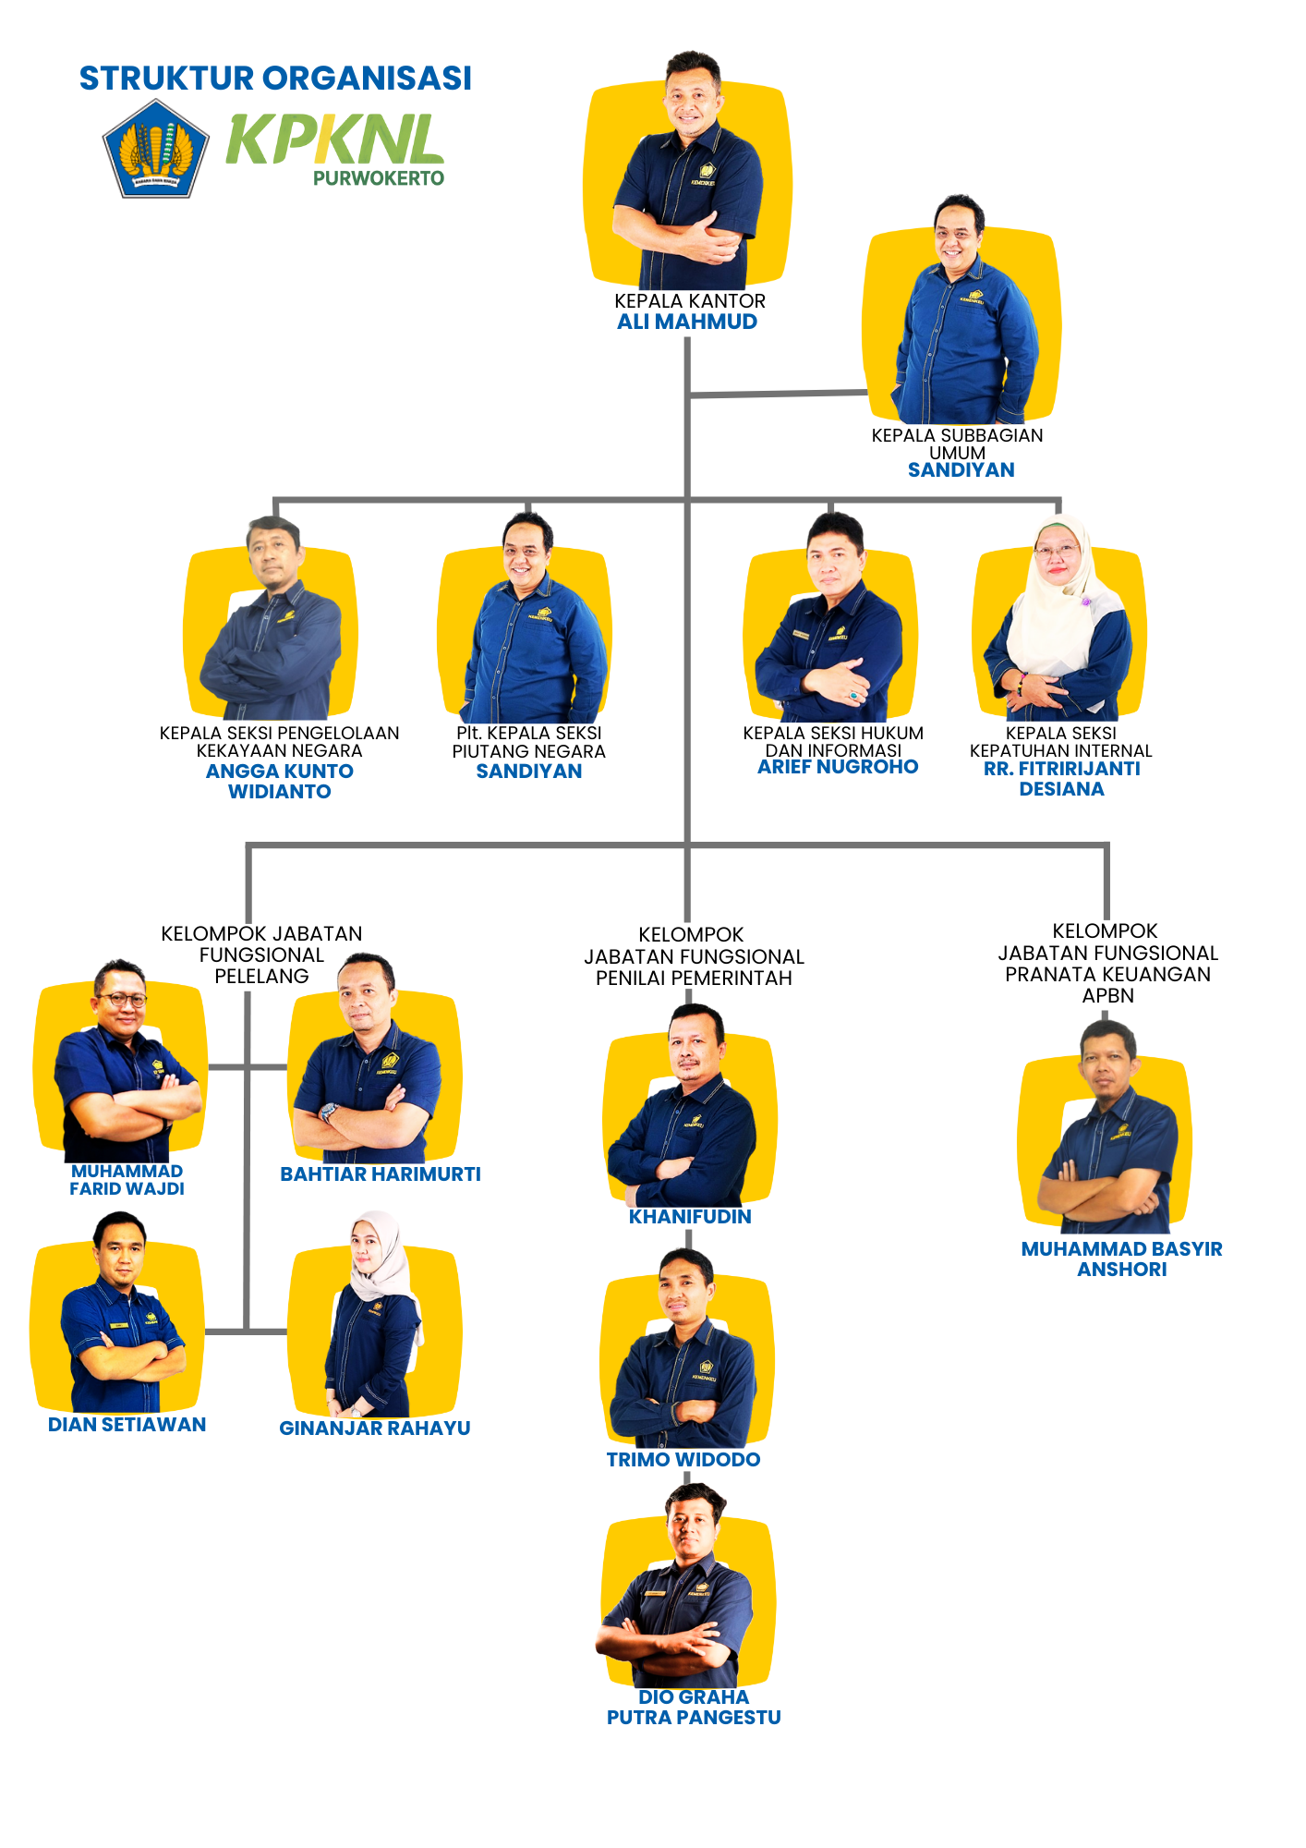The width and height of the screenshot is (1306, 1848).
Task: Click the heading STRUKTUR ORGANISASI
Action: [275, 79]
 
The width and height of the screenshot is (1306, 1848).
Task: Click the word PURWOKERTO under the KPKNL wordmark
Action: [379, 178]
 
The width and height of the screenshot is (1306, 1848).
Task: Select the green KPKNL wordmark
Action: [334, 139]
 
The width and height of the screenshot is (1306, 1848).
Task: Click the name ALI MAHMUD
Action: [687, 322]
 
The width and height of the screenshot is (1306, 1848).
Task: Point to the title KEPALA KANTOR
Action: [690, 301]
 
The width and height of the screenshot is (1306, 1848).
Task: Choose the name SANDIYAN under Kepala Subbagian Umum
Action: [961, 470]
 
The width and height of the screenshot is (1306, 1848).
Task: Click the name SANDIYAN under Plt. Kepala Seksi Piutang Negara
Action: [528, 772]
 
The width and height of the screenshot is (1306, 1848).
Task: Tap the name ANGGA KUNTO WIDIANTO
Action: [279, 782]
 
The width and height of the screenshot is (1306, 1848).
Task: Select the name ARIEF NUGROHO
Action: [838, 767]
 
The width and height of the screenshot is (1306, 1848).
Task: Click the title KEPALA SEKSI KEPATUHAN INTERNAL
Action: [1060, 742]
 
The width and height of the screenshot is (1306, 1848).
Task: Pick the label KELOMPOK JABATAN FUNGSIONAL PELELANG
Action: [261, 954]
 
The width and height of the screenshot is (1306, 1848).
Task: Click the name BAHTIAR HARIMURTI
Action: [381, 1174]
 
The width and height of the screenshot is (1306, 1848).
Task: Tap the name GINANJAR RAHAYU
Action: [375, 1429]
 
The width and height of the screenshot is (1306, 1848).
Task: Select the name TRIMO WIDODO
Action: [683, 1460]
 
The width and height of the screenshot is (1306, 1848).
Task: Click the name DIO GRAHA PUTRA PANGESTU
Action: [694, 1708]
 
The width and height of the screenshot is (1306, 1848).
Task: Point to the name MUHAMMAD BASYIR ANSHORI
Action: [1121, 1259]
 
